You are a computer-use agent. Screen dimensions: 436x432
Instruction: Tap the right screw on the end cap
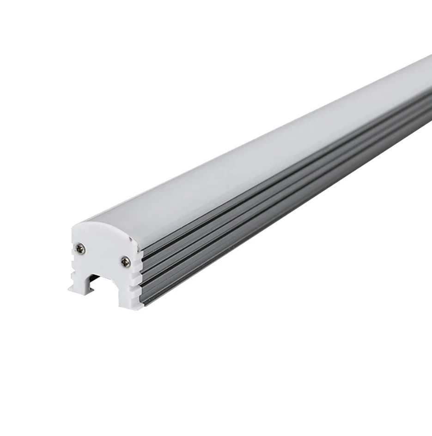pos(125,262)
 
